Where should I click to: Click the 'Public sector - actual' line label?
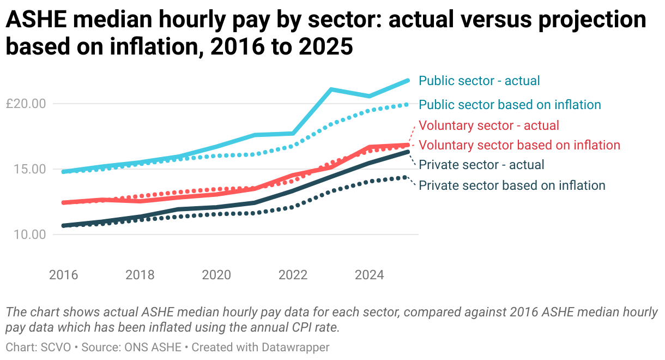pos(479,81)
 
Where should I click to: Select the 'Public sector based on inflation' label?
pos(510,104)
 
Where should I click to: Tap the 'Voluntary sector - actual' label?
pos(489,125)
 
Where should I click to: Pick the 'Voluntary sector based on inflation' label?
pos(519,145)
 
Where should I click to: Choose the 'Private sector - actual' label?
pos(481,165)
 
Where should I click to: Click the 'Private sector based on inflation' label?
pos(512,185)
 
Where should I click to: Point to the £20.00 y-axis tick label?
pos(26,104)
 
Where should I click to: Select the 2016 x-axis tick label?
pos(63,274)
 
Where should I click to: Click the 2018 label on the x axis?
pos(140,274)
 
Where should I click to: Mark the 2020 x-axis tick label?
pos(216,274)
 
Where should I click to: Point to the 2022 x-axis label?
pos(293,274)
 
